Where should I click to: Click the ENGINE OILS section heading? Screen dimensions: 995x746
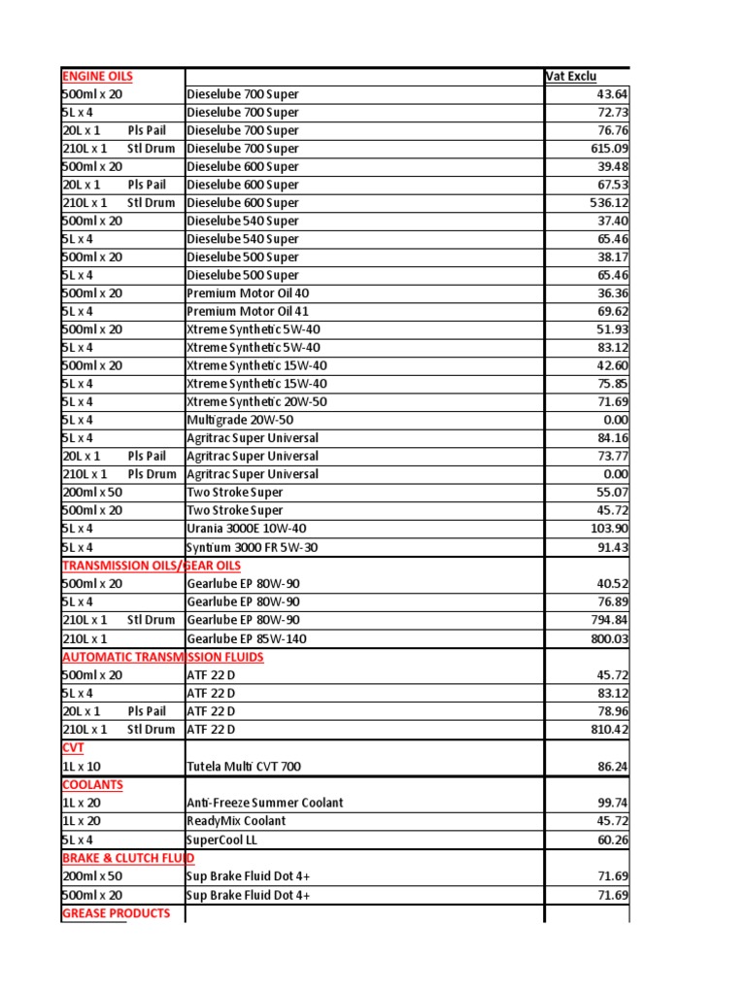[97, 76]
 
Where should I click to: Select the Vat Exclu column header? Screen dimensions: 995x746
[570, 76]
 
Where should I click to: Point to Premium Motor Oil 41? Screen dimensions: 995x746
[248, 312]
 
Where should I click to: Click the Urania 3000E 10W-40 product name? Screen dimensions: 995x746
[251, 529]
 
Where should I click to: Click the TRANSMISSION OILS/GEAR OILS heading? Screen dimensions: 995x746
[152, 566]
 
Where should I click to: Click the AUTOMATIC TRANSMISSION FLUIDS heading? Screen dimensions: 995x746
[162, 657]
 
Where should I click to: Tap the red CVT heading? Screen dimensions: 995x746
[73, 748]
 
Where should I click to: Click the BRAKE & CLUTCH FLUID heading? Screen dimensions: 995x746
[128, 858]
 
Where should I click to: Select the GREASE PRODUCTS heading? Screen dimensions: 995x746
[116, 913]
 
